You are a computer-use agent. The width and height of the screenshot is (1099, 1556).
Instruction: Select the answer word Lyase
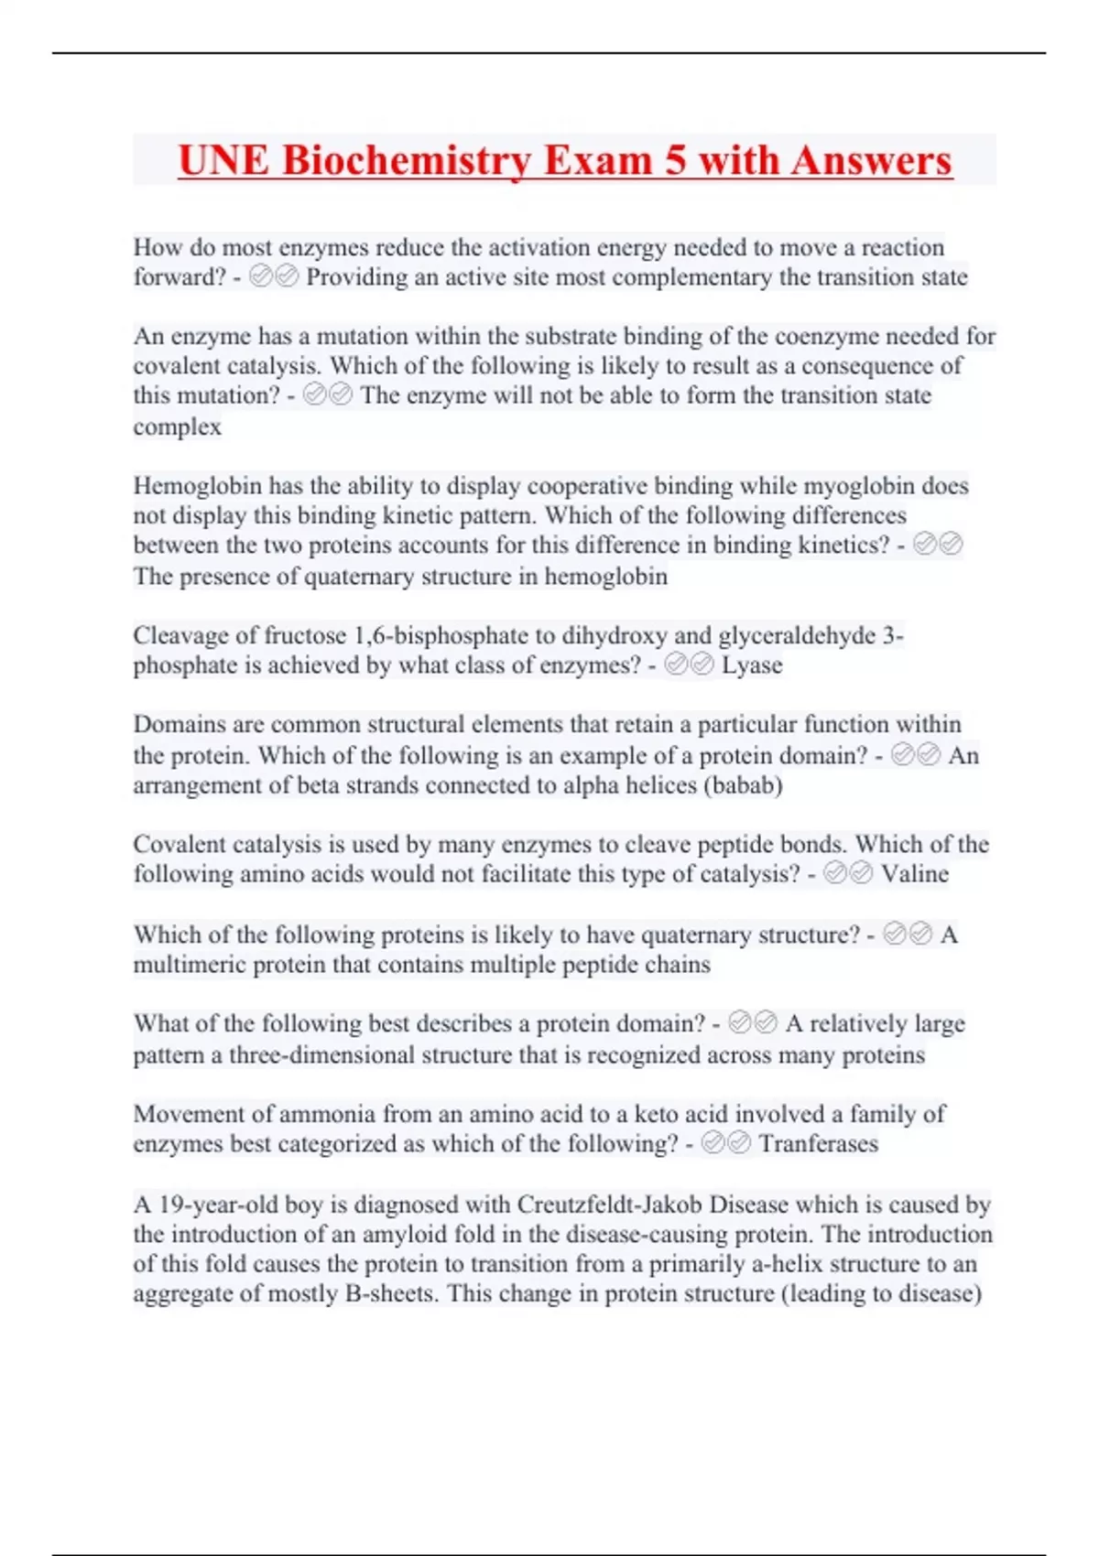point(752,665)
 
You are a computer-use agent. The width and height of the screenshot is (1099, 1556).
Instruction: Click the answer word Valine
point(914,874)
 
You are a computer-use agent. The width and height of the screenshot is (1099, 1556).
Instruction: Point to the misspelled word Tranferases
point(818,1144)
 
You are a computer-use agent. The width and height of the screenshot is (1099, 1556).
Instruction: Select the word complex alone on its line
point(178,427)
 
